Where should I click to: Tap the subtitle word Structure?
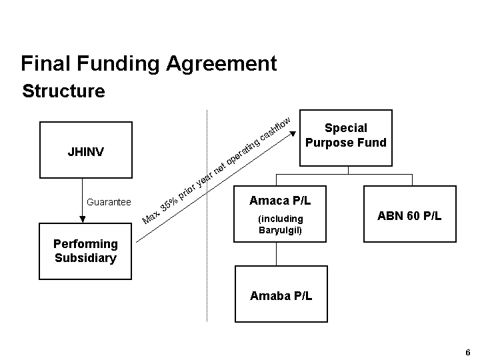[x=63, y=91]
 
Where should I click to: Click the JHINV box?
[x=85, y=150]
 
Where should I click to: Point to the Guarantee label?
[x=109, y=202]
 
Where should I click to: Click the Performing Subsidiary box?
[x=85, y=251]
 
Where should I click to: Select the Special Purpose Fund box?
[x=346, y=137]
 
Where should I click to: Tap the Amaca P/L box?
[x=280, y=213]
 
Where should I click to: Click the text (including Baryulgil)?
[x=280, y=225]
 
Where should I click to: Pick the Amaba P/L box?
[x=281, y=293]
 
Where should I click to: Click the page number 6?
[x=468, y=352]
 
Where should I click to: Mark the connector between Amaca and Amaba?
[x=277, y=253]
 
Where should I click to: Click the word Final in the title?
[x=45, y=63]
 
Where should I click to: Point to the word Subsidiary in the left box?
[x=85, y=257]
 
